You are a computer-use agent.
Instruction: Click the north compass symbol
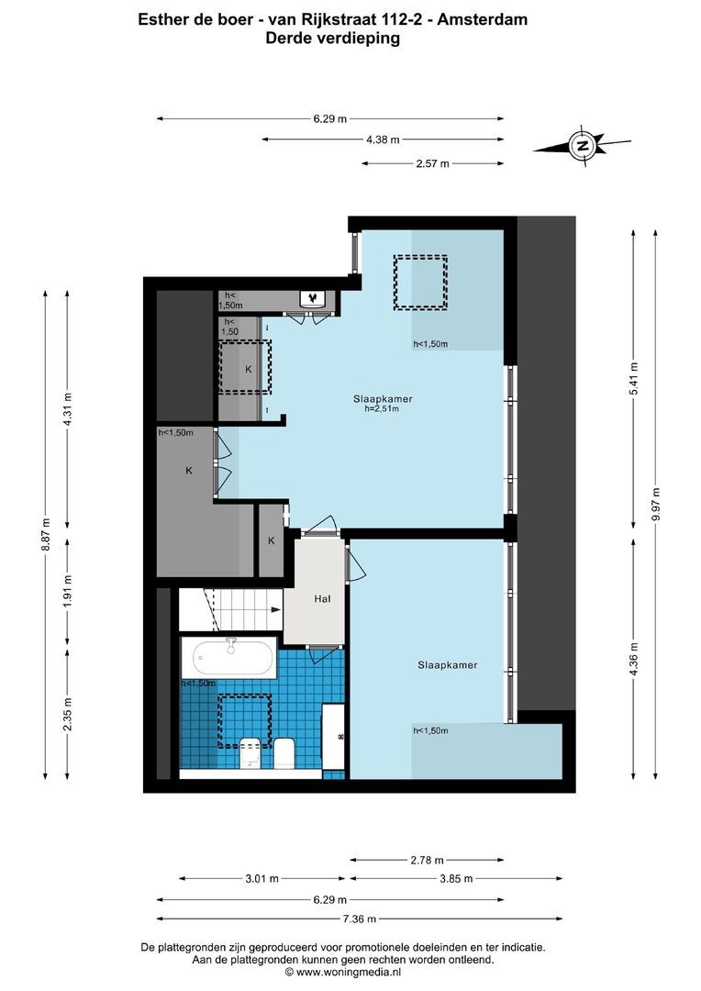pos(582,145)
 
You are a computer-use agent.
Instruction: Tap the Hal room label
pos(322,599)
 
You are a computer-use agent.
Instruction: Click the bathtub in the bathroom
pos(232,658)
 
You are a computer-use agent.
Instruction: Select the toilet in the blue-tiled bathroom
pos(284,752)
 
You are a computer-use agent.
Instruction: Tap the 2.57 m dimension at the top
pos(432,163)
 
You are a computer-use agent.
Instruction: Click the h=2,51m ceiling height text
pos(383,410)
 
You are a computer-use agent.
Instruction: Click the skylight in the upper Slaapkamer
pos(420,282)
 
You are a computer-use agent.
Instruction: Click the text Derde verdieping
pos(332,39)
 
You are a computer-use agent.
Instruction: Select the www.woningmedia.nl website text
pos(349,972)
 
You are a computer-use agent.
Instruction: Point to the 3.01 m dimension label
pos(262,878)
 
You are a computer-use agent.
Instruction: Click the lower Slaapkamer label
pos(447,665)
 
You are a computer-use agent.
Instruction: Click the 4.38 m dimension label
pos(383,139)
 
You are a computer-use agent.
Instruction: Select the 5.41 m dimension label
pos(633,379)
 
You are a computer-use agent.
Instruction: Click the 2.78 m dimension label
pos(427,860)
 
